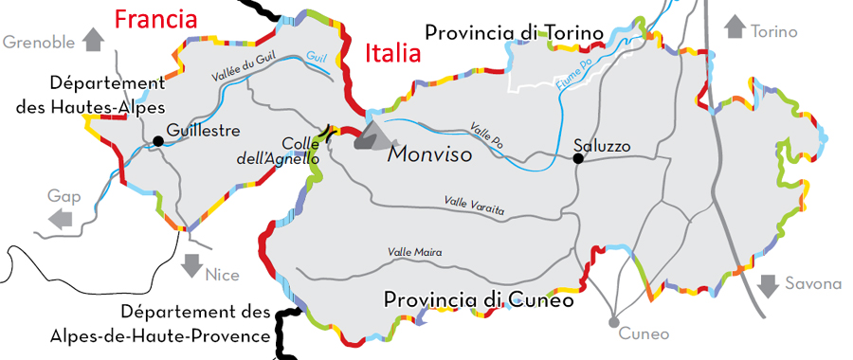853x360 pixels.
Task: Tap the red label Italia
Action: coord(392,53)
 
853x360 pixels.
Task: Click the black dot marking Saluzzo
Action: coord(578,158)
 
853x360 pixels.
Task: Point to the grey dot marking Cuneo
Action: coord(614,318)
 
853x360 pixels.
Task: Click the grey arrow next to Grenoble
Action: coord(93,39)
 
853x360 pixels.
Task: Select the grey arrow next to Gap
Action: coord(61,219)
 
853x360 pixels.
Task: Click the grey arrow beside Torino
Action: coord(735,27)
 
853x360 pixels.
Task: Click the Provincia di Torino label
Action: coord(515,34)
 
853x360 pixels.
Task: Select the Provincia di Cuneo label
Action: coord(479,299)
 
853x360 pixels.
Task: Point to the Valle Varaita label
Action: coord(475,202)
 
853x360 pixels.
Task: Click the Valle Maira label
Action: coord(415,252)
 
